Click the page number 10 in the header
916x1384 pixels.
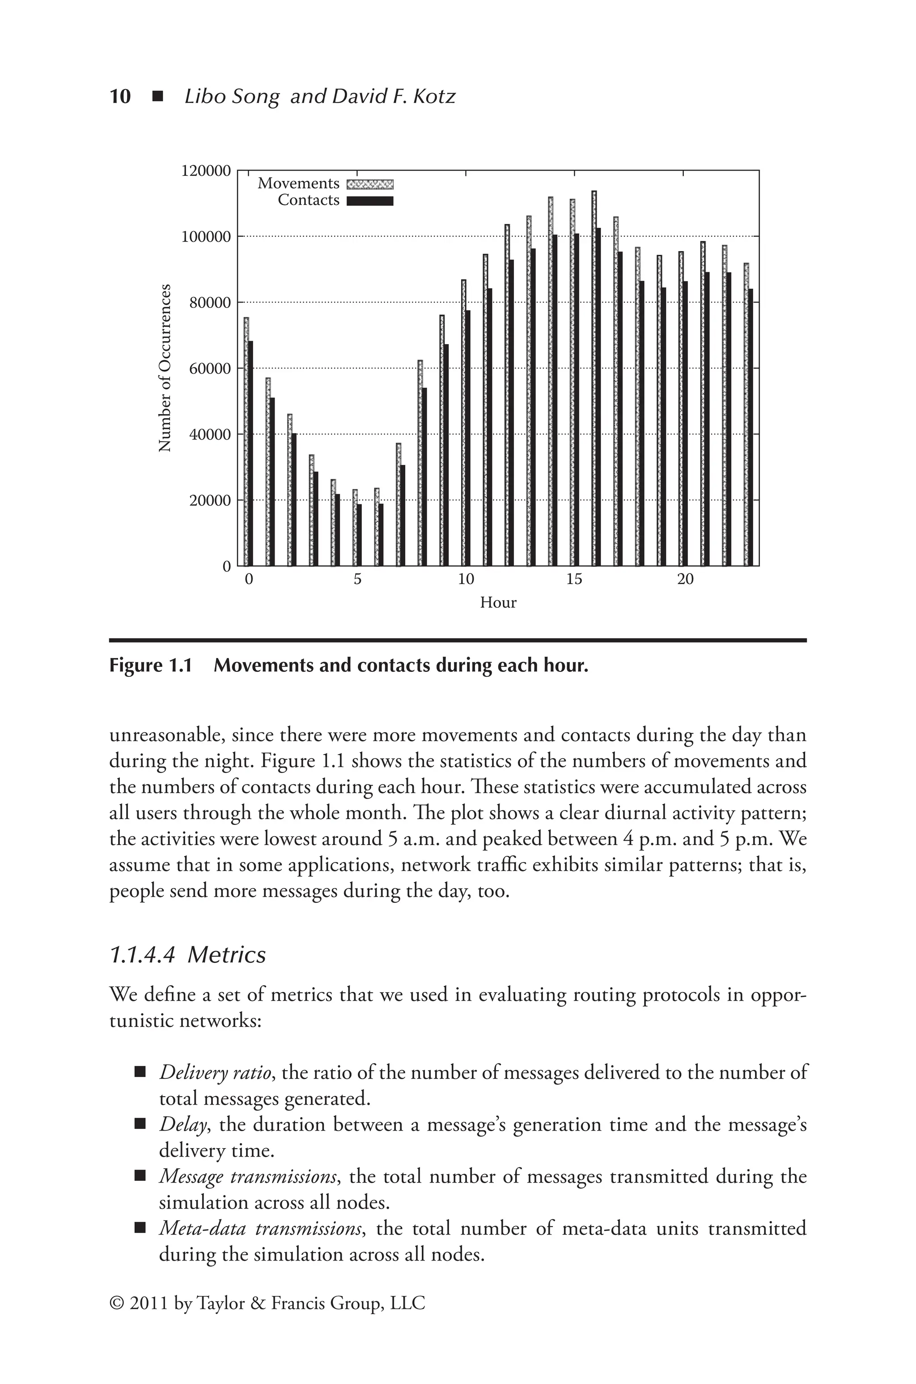point(120,96)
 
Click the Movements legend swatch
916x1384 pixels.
point(370,184)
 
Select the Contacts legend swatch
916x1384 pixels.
point(370,201)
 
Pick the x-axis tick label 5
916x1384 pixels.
point(357,580)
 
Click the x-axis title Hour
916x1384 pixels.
point(498,602)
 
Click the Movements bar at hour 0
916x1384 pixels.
point(246,442)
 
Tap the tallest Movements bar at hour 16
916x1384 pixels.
point(594,379)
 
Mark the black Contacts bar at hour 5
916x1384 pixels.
point(359,535)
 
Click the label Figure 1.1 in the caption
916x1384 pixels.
point(151,666)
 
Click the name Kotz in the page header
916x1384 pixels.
point(433,96)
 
